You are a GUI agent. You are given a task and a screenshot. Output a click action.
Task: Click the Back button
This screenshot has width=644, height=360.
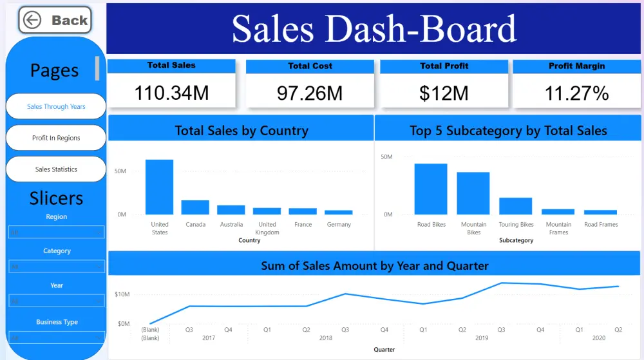pos(55,21)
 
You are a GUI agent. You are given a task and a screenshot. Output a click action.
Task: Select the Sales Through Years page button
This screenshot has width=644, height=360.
pos(56,106)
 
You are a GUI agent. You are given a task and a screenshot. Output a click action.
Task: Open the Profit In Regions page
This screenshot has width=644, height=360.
pos(56,138)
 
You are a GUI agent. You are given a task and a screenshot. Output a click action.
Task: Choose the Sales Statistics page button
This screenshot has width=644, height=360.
pos(56,169)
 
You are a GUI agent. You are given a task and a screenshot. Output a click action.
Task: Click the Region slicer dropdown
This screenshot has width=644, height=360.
pos(56,232)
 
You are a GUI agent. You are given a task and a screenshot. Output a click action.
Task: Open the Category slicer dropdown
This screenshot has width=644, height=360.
pos(56,267)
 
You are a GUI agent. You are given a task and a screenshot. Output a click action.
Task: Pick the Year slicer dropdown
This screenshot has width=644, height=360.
pos(56,301)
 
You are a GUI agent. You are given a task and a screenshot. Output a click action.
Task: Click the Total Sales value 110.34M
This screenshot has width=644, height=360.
pos(171,93)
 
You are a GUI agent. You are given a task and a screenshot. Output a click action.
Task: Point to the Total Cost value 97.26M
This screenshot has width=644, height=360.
pos(310,93)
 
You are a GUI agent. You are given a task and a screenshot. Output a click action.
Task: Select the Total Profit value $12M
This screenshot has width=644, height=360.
pos(444,93)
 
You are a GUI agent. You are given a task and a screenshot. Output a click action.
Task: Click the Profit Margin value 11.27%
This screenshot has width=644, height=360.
pos(576,93)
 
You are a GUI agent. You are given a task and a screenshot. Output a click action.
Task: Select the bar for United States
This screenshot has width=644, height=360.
pos(159,187)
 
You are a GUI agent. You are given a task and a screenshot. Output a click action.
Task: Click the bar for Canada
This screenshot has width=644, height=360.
pos(195,207)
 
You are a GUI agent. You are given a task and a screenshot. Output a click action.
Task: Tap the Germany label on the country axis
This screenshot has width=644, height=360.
pos(339,225)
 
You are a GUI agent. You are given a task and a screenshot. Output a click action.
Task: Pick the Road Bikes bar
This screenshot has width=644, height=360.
pos(431,189)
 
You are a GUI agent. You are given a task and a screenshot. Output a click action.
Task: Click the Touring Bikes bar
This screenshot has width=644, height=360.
pos(516,206)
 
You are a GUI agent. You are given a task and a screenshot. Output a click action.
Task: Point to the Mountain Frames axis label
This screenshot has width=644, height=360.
pos(558,228)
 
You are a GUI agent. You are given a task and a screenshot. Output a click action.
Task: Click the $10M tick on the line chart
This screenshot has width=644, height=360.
pos(122,294)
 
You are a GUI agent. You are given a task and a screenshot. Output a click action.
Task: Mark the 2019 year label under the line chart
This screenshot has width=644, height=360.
pos(482,337)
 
